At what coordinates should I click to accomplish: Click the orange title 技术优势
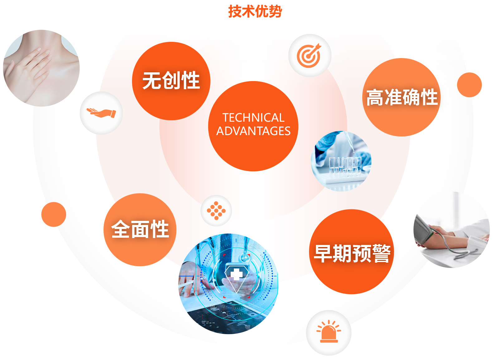[255, 11]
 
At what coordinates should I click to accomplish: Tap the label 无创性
[171, 80]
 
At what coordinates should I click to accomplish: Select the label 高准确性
[402, 97]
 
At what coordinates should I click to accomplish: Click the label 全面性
[140, 229]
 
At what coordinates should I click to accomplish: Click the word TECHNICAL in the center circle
[254, 118]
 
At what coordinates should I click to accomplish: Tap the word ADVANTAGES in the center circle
[253, 131]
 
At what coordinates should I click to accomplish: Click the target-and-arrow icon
[309, 56]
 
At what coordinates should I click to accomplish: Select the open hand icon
[101, 113]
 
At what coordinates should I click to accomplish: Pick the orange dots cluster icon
[216, 211]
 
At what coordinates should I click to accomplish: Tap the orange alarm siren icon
[329, 331]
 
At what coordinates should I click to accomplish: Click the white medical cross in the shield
[236, 274]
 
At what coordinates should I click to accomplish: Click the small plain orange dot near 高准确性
[469, 85]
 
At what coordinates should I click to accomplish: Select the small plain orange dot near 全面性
[54, 214]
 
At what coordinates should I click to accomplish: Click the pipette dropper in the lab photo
[349, 141]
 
